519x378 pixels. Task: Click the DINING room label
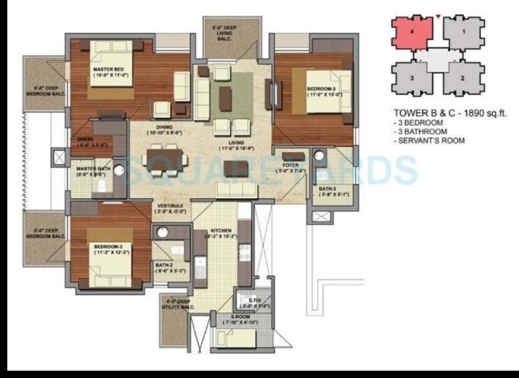click(164, 128)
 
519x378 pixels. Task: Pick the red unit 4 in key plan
click(412, 31)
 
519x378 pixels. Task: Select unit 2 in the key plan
click(463, 78)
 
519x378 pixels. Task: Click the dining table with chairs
click(164, 156)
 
